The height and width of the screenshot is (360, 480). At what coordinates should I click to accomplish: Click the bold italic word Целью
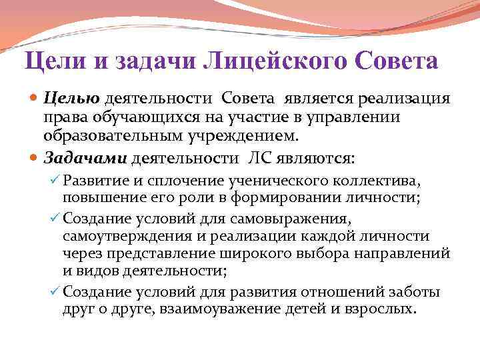[71, 99]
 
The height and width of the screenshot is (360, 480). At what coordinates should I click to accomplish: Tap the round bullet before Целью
[35, 99]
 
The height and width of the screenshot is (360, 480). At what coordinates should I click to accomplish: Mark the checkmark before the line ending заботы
[55, 291]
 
